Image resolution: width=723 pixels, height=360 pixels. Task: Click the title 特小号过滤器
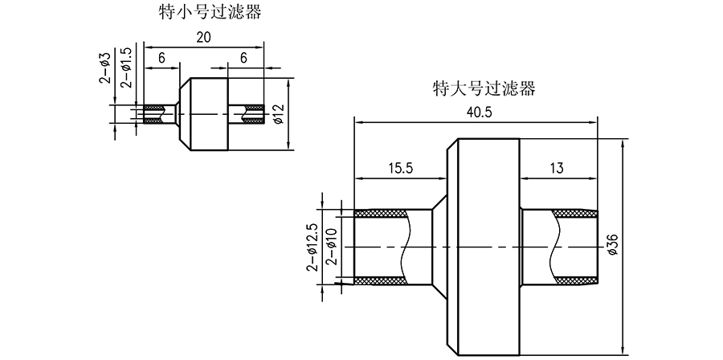(211, 13)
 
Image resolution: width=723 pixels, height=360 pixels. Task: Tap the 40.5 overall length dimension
(479, 112)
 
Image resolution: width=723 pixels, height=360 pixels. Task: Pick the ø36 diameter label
(613, 244)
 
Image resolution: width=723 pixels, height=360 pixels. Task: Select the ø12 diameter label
(280, 114)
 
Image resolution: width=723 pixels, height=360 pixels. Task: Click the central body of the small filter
(202, 114)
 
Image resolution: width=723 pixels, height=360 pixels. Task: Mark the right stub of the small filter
(246, 114)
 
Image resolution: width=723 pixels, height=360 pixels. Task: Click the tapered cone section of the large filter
(439, 246)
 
